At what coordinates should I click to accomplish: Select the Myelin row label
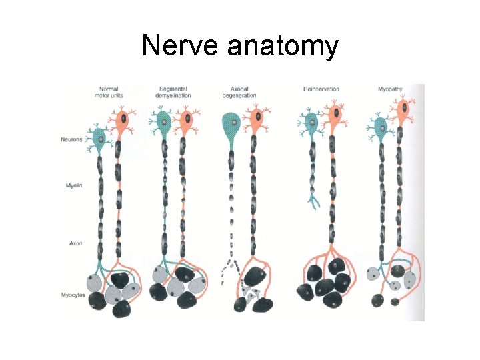[x=73, y=185]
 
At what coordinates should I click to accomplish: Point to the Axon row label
[x=75, y=243]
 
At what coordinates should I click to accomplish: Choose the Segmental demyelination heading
[x=175, y=92]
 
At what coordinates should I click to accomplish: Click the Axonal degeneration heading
[x=238, y=92]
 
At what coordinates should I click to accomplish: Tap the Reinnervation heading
[x=321, y=89]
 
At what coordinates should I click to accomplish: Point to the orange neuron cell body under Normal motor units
[x=121, y=122]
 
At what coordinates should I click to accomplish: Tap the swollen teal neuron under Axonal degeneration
[x=231, y=123]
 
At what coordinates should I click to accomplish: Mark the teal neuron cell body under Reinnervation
[x=309, y=123]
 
